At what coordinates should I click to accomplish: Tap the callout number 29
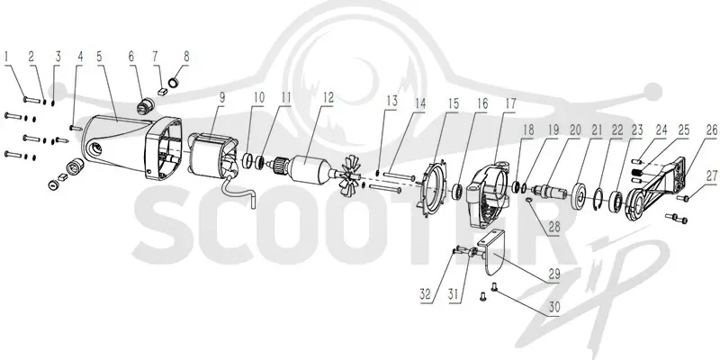554,274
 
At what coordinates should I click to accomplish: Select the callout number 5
100,57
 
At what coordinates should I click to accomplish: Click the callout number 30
554,307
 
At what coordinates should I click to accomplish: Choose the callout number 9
222,97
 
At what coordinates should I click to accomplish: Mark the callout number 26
711,130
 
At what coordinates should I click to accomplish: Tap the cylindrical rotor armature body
308,171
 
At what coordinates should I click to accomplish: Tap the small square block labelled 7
161,91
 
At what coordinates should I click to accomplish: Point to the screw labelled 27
684,198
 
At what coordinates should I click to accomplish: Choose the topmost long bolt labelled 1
31,100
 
